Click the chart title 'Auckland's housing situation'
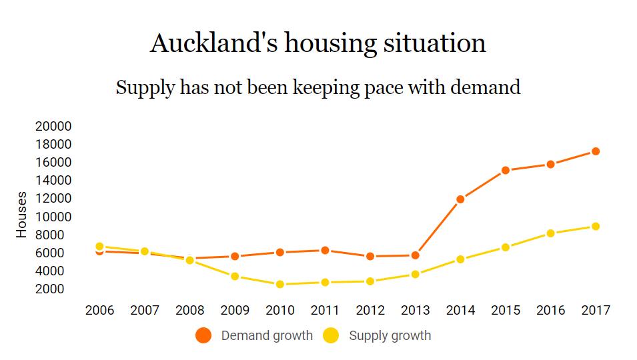tap(318, 44)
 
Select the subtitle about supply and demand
tap(318, 87)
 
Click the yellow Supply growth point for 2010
tap(280, 284)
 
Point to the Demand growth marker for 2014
tap(460, 199)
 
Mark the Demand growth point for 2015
tap(506, 170)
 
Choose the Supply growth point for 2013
tap(416, 274)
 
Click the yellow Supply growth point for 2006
tap(100, 246)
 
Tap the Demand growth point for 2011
tap(326, 250)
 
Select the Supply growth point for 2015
tap(506, 247)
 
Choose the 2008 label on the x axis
tap(190, 311)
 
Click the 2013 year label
tap(416, 311)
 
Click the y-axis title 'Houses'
tap(22, 215)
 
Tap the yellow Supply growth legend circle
tap(331, 335)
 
